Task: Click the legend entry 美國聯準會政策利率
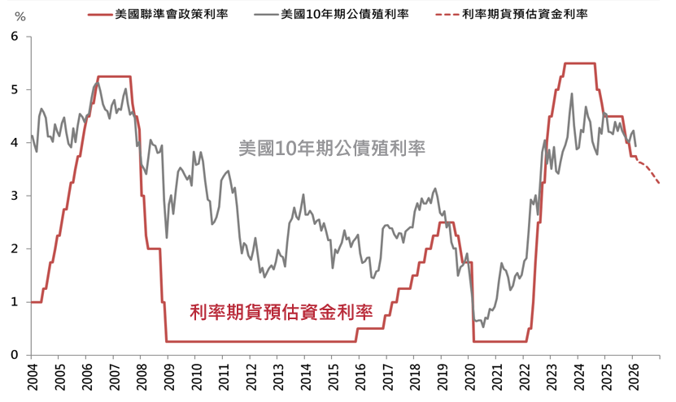(172, 14)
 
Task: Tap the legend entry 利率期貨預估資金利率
(524, 14)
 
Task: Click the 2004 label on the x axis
(33, 378)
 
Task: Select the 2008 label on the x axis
(142, 378)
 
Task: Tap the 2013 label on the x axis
(278, 378)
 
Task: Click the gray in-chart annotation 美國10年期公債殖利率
(333, 149)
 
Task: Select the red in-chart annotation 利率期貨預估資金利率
(281, 311)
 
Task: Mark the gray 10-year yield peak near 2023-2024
(572, 94)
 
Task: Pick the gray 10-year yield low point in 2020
(483, 326)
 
